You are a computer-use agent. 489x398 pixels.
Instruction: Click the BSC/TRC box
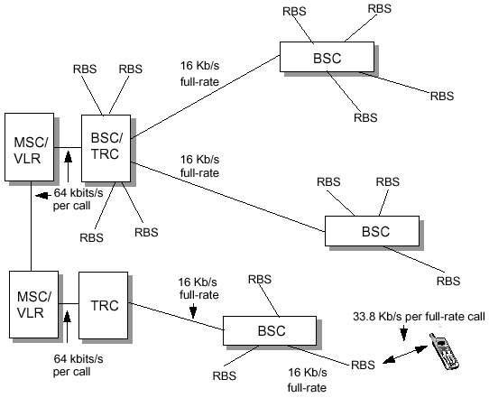106,148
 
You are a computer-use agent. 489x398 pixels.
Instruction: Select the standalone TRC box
103,305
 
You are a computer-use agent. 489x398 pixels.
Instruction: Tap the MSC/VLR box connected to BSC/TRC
29,147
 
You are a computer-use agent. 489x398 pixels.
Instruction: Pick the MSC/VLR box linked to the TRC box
33,304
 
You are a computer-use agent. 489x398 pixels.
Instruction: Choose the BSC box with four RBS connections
327,57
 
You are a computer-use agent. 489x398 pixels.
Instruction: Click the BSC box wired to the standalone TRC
270,330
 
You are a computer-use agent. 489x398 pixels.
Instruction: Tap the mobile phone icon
444,352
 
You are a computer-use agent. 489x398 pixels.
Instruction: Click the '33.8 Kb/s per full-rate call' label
419,317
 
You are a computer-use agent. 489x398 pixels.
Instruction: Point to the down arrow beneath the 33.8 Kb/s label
404,333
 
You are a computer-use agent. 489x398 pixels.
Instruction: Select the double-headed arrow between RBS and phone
405,355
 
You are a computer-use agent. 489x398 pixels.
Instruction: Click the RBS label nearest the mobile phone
363,365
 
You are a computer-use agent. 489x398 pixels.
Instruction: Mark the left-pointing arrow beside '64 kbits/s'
43,196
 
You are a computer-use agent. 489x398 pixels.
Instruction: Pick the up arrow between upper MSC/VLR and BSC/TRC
68,166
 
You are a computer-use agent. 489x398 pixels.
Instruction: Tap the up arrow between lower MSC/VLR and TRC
67,327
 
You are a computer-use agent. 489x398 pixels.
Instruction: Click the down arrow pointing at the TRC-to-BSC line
193,310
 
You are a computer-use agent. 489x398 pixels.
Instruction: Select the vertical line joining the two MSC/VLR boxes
32,226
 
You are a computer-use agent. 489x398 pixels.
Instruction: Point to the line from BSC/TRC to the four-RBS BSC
205,97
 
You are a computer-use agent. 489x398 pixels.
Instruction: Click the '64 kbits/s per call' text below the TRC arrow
78,366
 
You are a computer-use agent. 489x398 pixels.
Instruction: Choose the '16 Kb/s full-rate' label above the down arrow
199,289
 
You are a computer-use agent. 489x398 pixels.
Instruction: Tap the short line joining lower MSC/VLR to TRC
69,303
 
